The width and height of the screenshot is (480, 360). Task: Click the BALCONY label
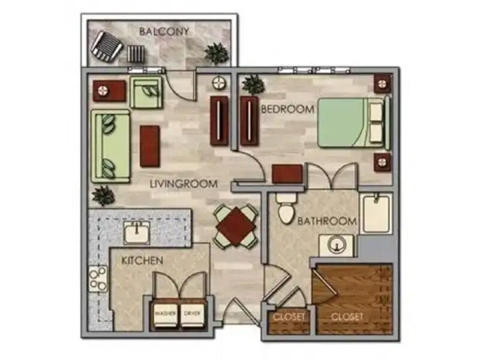tap(164, 32)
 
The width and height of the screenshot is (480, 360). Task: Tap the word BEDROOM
tap(287, 109)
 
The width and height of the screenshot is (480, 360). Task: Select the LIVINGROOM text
tap(184, 184)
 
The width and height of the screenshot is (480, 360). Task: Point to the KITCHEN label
tap(142, 260)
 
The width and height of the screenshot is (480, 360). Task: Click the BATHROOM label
tap(327, 221)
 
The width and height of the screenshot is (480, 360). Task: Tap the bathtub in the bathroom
tap(376, 214)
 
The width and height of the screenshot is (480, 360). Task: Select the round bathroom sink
tap(337, 245)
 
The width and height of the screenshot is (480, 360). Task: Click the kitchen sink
tap(137, 233)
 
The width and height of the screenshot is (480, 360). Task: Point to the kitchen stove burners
tap(98, 278)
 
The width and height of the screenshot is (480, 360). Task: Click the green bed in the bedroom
tap(354, 122)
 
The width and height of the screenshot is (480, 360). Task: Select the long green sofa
tap(110, 146)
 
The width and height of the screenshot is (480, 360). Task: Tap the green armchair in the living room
tap(145, 92)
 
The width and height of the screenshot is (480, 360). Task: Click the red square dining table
tap(236, 227)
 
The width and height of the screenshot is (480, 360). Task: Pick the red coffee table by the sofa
tap(149, 146)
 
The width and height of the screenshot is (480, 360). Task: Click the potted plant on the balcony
tap(217, 53)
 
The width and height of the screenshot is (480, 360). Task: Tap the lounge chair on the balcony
tap(107, 46)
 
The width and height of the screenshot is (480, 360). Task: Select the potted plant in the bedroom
tap(253, 84)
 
